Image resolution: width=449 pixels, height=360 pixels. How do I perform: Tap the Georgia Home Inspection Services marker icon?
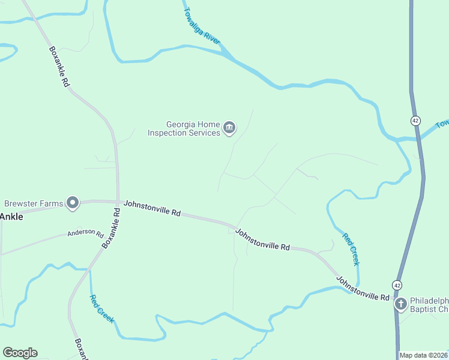[229, 128]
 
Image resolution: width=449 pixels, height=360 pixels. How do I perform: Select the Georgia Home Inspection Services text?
[184, 128]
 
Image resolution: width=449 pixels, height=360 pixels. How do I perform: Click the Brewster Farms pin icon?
[73, 203]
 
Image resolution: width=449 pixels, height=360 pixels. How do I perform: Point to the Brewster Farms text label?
[34, 203]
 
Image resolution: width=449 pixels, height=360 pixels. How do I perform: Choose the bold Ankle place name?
[11, 217]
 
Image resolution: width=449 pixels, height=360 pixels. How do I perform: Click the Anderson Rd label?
[85, 233]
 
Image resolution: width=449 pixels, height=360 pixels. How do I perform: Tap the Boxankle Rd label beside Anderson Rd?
[111, 228]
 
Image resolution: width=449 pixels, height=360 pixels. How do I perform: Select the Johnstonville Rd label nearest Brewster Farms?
[152, 209]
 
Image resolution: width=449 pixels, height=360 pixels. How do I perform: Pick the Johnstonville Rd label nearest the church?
[363, 289]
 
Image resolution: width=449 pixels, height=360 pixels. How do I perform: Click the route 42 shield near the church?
[397, 284]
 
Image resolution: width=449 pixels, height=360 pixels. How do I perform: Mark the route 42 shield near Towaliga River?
[415, 121]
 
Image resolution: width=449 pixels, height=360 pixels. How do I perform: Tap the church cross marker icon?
[401, 304]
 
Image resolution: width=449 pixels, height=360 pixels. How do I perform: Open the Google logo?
[20, 352]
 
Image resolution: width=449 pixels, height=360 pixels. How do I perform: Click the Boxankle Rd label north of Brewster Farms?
[59, 67]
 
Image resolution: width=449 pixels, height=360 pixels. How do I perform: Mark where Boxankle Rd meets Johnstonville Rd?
[118, 202]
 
